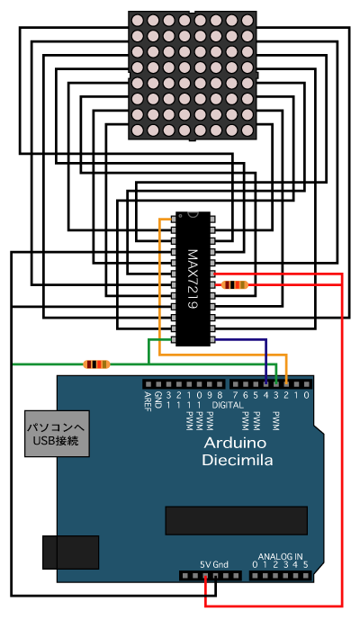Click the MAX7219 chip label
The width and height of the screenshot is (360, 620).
coord(193,278)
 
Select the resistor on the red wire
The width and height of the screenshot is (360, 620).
coord(235,284)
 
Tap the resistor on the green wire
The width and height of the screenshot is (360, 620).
coord(96,364)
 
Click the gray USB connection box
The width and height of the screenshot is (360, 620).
coord(57,434)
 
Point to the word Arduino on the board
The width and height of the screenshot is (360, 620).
coord(235,443)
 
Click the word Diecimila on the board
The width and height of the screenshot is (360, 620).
coord(238,460)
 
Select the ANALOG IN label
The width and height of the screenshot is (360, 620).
coord(280,556)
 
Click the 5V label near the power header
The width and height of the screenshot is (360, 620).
coord(205,564)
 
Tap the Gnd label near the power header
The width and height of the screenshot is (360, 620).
coord(220,564)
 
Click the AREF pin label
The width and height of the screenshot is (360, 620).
coord(148,401)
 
